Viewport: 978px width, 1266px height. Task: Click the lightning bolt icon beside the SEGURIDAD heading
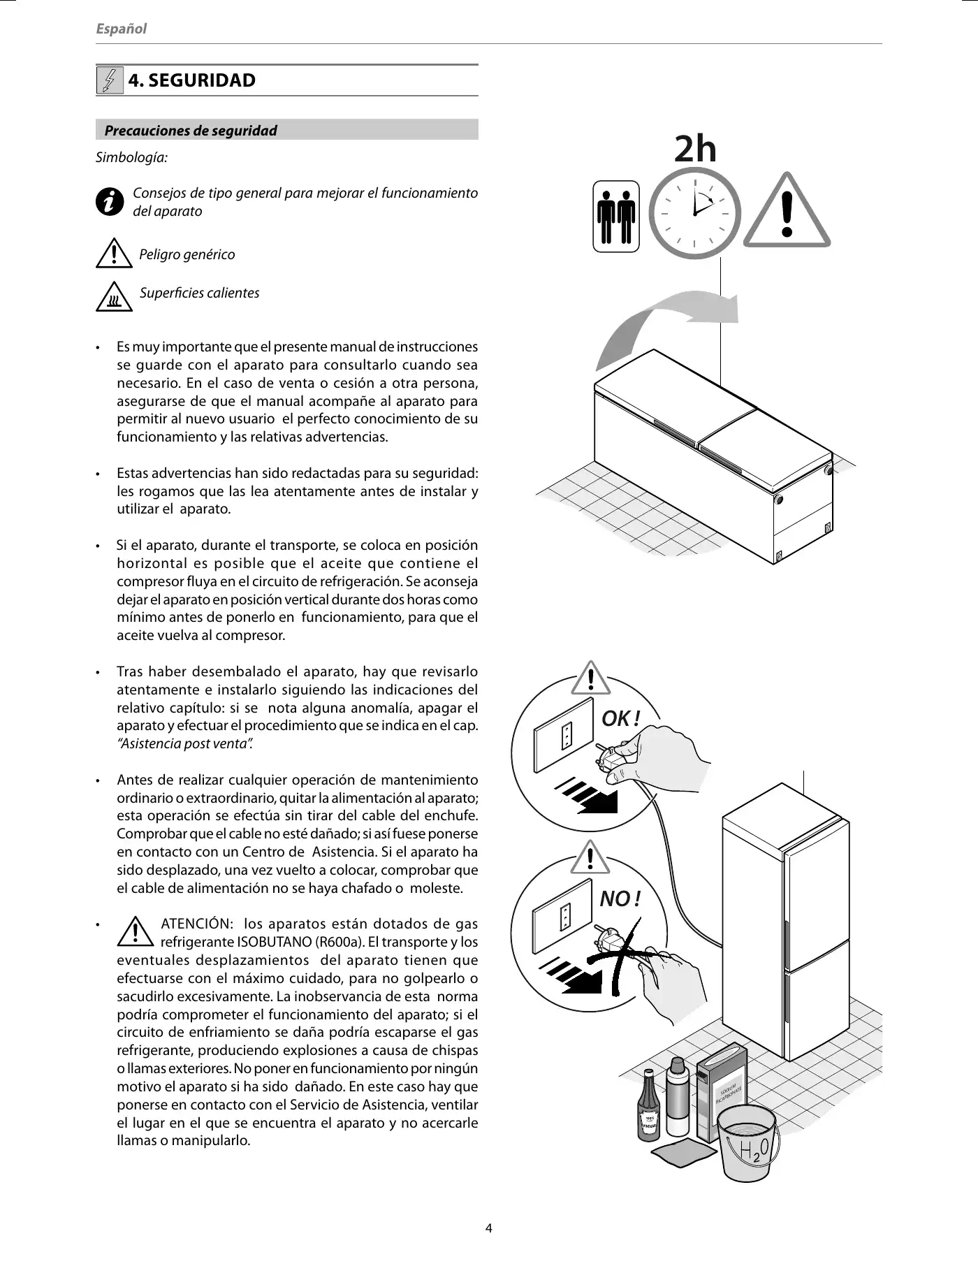[109, 80]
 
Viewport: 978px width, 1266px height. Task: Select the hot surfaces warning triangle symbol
[112, 297]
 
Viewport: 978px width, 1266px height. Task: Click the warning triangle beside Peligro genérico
[112, 254]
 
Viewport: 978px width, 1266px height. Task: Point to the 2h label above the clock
[695, 149]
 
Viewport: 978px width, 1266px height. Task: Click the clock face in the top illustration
[694, 213]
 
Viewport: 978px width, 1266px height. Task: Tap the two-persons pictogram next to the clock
[615, 216]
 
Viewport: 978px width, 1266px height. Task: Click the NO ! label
[620, 898]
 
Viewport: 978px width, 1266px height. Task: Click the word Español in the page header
[121, 29]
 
